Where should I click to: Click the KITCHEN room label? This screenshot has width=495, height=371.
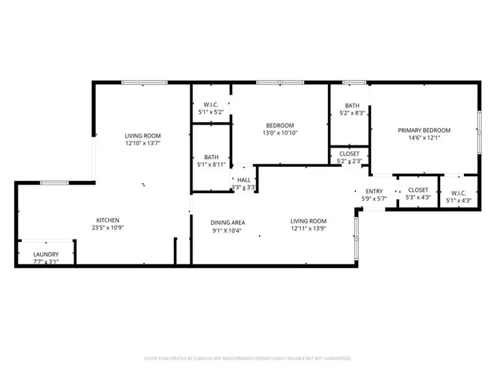coord(108,220)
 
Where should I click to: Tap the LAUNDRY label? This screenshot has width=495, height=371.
coord(46,254)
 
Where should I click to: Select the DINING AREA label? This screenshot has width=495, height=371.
coord(227,222)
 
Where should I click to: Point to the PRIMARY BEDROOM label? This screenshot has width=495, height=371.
coord(424,130)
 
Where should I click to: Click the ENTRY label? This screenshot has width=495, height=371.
coord(374,191)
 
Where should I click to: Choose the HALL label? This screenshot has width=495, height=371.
coord(244,180)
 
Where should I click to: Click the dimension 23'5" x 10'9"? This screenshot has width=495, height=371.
coord(108,229)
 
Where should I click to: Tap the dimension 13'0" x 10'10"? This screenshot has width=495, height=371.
coord(280,133)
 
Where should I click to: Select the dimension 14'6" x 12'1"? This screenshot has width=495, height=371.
coord(424,138)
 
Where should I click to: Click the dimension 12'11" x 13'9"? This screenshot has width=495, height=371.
coord(309,229)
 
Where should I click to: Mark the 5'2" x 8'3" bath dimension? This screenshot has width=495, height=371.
coord(353,114)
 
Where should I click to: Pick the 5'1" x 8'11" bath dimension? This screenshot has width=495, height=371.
coord(211,164)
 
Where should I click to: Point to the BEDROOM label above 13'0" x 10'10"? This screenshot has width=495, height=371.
coord(280,125)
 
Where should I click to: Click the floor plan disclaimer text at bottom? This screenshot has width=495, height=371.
coord(247,359)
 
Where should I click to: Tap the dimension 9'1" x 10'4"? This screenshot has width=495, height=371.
coord(227,230)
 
